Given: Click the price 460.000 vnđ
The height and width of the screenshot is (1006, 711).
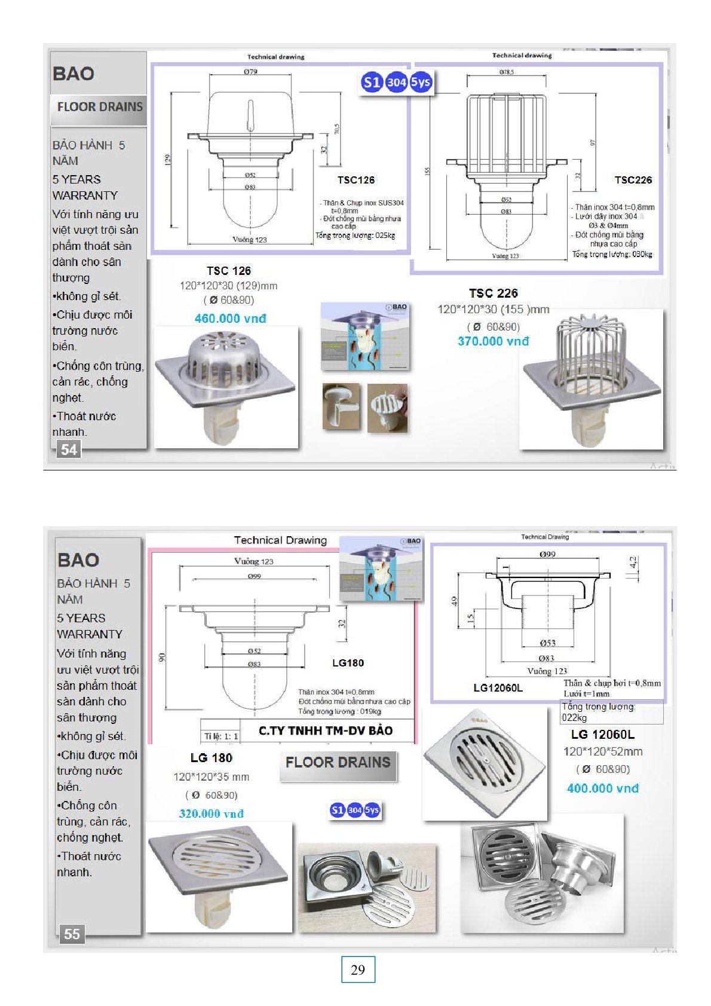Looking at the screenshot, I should point(230,319).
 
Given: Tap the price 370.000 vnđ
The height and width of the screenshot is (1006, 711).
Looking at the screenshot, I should point(493,341).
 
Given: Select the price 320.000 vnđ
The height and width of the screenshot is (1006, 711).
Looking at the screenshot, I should point(211,814).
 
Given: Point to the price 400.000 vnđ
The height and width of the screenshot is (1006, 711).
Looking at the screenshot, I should point(602,788).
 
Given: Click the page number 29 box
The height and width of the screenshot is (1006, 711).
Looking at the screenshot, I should point(358,970).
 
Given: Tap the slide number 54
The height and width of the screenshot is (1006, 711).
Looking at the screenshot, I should point(69,450).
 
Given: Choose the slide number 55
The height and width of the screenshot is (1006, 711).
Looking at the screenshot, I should point(72,934).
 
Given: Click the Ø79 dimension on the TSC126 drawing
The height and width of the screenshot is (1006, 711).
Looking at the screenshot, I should point(250,72).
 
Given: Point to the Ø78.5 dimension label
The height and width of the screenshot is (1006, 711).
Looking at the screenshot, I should point(506,72).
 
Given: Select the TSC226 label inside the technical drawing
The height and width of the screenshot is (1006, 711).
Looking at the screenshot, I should point(633,180).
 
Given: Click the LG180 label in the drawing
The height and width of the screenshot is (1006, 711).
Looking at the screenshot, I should point(348,663).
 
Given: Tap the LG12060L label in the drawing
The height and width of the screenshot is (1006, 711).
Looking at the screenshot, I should point(498,688).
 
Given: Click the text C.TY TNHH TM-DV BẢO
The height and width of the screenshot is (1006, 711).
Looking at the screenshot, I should point(325,730).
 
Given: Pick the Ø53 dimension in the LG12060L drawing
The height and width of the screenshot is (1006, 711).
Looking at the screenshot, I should point(547,643).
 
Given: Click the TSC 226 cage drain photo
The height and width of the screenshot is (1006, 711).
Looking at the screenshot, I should point(591,379).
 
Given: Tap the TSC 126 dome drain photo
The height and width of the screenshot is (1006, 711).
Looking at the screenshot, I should point(226,387).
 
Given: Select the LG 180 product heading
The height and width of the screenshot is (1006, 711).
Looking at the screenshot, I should point(211,758).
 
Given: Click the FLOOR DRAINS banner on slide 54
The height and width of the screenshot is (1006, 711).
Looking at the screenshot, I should point(99,108).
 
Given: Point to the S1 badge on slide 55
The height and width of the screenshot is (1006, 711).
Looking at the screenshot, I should point(337,810).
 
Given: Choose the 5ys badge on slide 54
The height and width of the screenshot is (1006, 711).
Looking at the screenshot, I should point(421,82).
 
